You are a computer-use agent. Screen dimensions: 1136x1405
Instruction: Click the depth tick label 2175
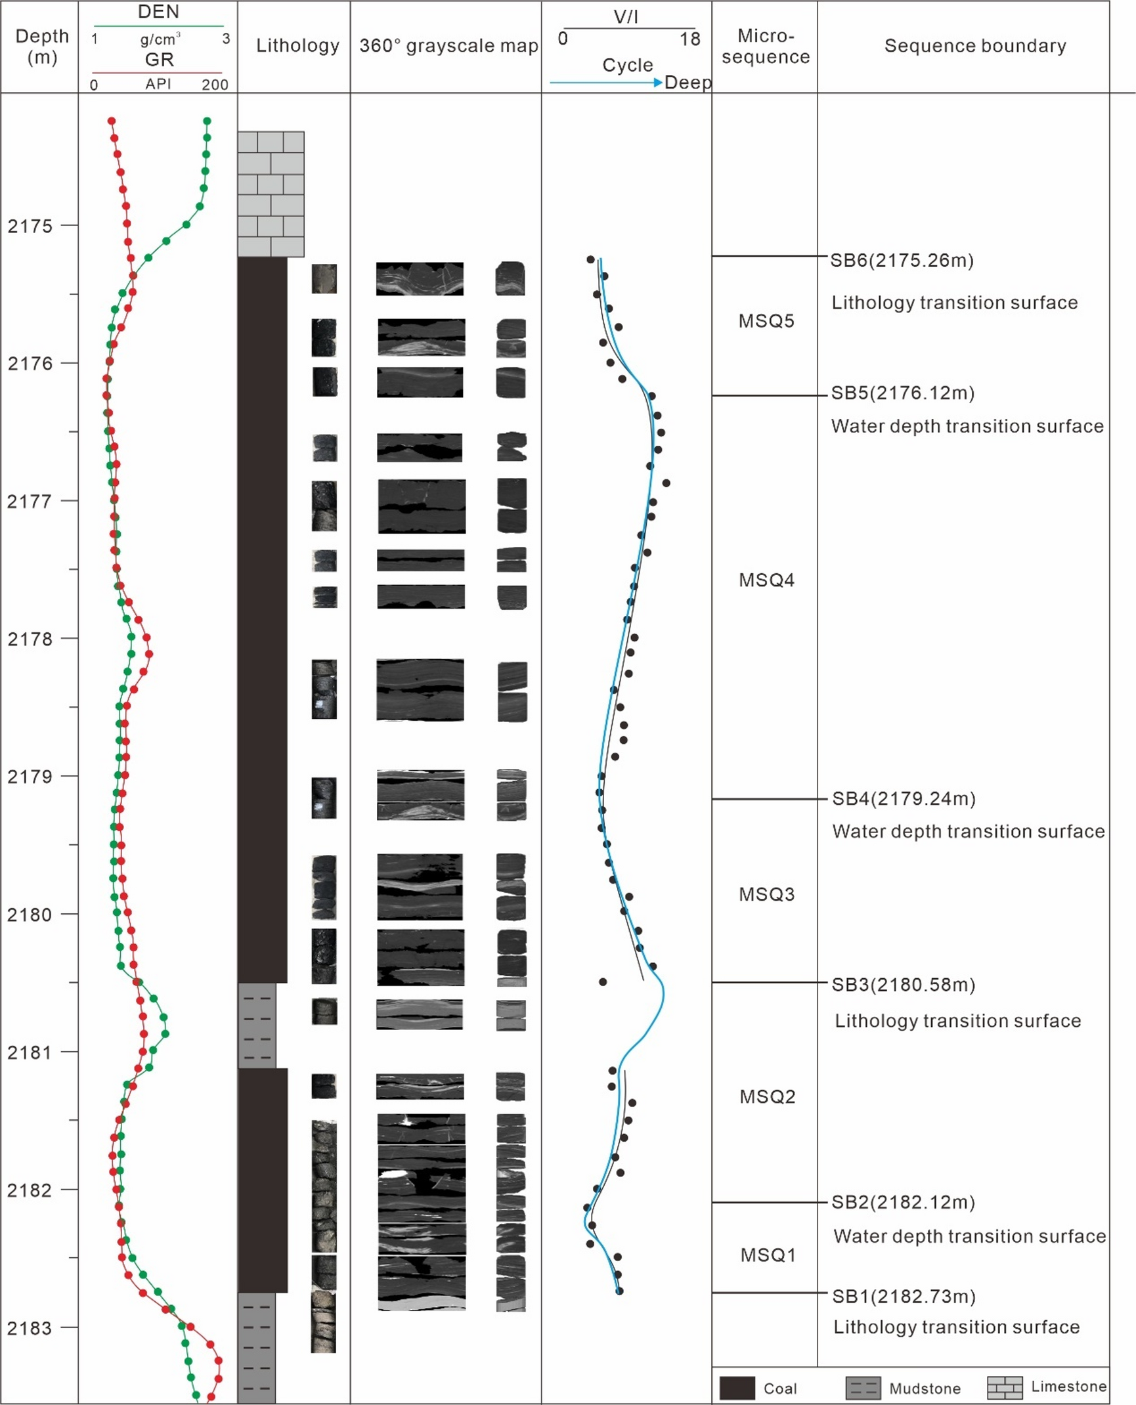click(30, 226)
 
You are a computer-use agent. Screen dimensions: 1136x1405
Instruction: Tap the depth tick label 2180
click(30, 915)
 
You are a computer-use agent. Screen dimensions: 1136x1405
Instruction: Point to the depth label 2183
click(30, 1328)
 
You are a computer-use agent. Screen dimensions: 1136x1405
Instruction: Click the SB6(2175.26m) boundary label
click(902, 261)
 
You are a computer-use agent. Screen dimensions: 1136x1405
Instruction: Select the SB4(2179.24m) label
click(904, 798)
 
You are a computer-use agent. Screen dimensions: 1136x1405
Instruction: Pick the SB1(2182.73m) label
click(904, 1296)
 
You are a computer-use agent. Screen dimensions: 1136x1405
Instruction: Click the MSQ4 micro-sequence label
click(766, 580)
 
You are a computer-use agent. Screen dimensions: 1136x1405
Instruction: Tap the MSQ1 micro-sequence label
click(768, 1255)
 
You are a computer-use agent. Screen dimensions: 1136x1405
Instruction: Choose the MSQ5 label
click(766, 320)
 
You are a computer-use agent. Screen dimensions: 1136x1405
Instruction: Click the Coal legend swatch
click(737, 1388)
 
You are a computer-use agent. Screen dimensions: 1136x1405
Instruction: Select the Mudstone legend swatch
click(862, 1388)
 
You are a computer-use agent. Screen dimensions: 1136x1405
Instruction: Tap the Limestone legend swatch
click(1005, 1387)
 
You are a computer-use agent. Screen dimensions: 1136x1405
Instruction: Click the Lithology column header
click(297, 45)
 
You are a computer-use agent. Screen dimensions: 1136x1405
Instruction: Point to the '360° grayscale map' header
click(448, 45)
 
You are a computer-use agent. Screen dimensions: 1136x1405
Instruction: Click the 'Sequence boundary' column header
click(975, 45)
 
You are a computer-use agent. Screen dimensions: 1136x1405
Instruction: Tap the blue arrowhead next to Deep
click(657, 82)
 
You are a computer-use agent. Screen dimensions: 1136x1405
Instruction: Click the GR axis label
click(159, 60)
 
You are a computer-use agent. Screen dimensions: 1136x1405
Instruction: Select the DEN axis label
click(158, 12)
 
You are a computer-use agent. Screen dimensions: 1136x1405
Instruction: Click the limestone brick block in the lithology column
click(271, 194)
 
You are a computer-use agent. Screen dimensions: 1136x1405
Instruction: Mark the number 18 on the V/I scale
click(689, 39)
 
